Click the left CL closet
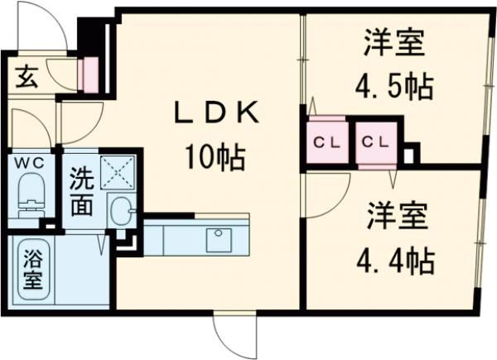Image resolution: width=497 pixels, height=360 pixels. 324,141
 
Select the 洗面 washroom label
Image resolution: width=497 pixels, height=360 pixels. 81,192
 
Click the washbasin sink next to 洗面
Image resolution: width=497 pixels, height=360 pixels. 121,212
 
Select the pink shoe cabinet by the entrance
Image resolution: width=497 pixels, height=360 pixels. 87,74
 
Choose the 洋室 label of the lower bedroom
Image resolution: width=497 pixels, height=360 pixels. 398,217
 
